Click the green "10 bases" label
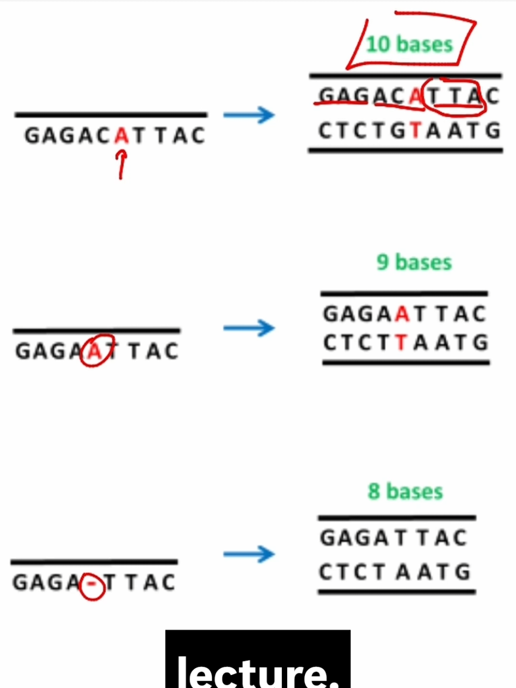(409, 45)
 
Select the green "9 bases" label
(414, 262)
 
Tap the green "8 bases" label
(405, 491)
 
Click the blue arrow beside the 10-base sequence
(249, 115)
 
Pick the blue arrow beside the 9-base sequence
(249, 328)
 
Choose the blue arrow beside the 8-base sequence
(249, 554)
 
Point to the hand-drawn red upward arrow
(121, 164)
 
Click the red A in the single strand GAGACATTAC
(122, 135)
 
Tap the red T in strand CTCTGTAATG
(416, 131)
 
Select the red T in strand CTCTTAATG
(401, 343)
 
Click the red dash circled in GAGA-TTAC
(92, 583)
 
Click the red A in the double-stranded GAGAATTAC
(403, 314)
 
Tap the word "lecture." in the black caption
(257, 671)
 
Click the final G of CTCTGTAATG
(493, 131)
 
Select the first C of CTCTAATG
(326, 572)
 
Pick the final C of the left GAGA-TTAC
(168, 582)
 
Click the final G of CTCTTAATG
(481, 343)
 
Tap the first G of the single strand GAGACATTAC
(32, 135)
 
